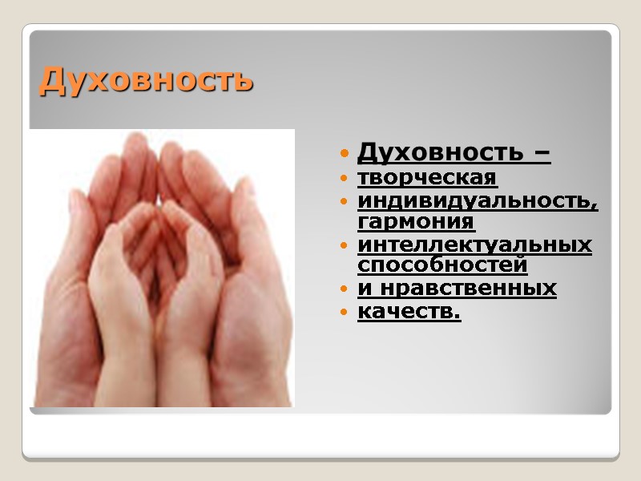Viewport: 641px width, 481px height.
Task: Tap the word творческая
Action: click(x=427, y=176)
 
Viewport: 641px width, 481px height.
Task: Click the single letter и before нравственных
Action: click(x=363, y=289)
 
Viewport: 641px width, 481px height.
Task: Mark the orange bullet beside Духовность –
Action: click(x=344, y=153)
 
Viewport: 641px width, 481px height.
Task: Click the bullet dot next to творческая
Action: click(x=344, y=177)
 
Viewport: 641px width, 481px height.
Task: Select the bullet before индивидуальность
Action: click(x=344, y=201)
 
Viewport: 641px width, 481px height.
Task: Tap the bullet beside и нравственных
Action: click(x=344, y=289)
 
